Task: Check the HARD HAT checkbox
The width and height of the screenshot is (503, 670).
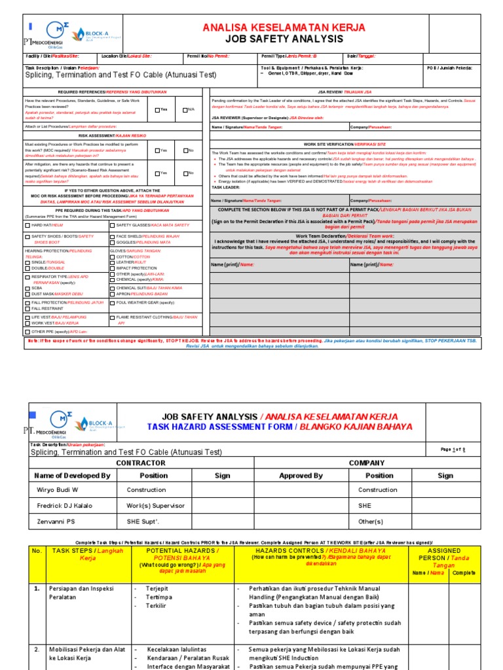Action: (x=27, y=224)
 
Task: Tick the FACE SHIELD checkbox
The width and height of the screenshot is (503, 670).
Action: (x=112, y=236)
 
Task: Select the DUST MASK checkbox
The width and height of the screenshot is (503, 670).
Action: (x=27, y=293)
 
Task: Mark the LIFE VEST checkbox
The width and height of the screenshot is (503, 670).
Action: (x=27, y=317)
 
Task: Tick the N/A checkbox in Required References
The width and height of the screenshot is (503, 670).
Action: (x=186, y=109)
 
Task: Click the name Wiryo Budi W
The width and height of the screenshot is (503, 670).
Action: (x=56, y=489)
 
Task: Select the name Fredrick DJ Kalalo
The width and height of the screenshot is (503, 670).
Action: (x=65, y=506)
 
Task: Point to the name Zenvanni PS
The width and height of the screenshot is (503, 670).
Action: (x=57, y=521)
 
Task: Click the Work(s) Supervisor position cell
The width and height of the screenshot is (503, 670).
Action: (x=156, y=506)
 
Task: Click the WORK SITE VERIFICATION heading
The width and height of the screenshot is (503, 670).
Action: (x=345, y=144)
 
